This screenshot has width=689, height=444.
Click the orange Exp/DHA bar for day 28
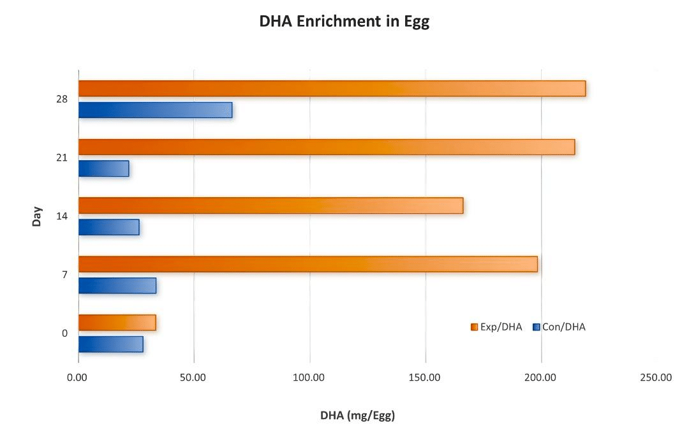pos(332,89)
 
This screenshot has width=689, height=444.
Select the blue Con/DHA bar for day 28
pos(155,110)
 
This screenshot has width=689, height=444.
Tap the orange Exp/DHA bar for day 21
pos(327,147)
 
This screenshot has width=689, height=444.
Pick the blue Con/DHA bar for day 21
pos(103,168)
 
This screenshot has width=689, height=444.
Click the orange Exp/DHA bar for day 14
pos(270,205)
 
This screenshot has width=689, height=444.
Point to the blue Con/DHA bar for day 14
pos(108,227)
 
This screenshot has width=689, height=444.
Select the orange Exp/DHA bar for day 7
pos(308,264)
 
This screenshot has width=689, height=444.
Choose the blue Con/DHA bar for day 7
pos(117,285)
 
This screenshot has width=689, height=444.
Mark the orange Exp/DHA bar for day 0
pos(117,323)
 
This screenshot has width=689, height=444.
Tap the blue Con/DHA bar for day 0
pos(110,344)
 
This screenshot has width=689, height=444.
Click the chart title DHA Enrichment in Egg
pos(344,21)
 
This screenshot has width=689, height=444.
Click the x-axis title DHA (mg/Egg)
pos(357,416)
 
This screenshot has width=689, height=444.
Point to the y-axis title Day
pos(38,216)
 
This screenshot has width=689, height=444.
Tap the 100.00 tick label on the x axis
pos(309,378)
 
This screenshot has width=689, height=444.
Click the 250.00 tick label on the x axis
pos(656,378)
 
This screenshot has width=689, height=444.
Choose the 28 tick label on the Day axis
pos(62,100)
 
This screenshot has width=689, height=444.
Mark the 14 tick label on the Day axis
pos(62,216)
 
